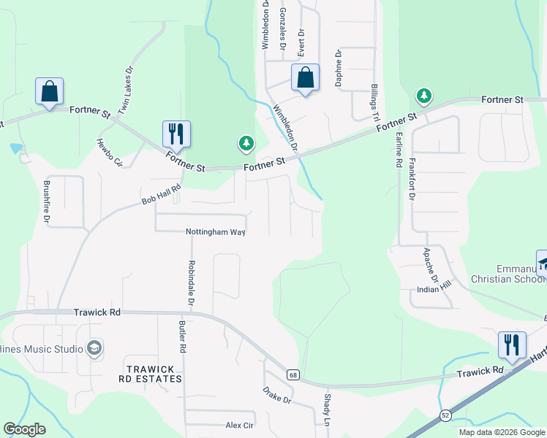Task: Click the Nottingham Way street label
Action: tap(214, 231)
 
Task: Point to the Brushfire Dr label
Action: tap(47, 202)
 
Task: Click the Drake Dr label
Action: tap(277, 395)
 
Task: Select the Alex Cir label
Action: tap(239, 425)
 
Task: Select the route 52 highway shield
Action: tap(445, 415)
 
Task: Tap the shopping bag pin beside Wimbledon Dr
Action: tap(305, 77)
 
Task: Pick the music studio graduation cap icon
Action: tap(94, 348)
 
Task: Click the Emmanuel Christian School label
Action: tap(507, 273)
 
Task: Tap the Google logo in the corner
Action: tap(24, 429)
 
